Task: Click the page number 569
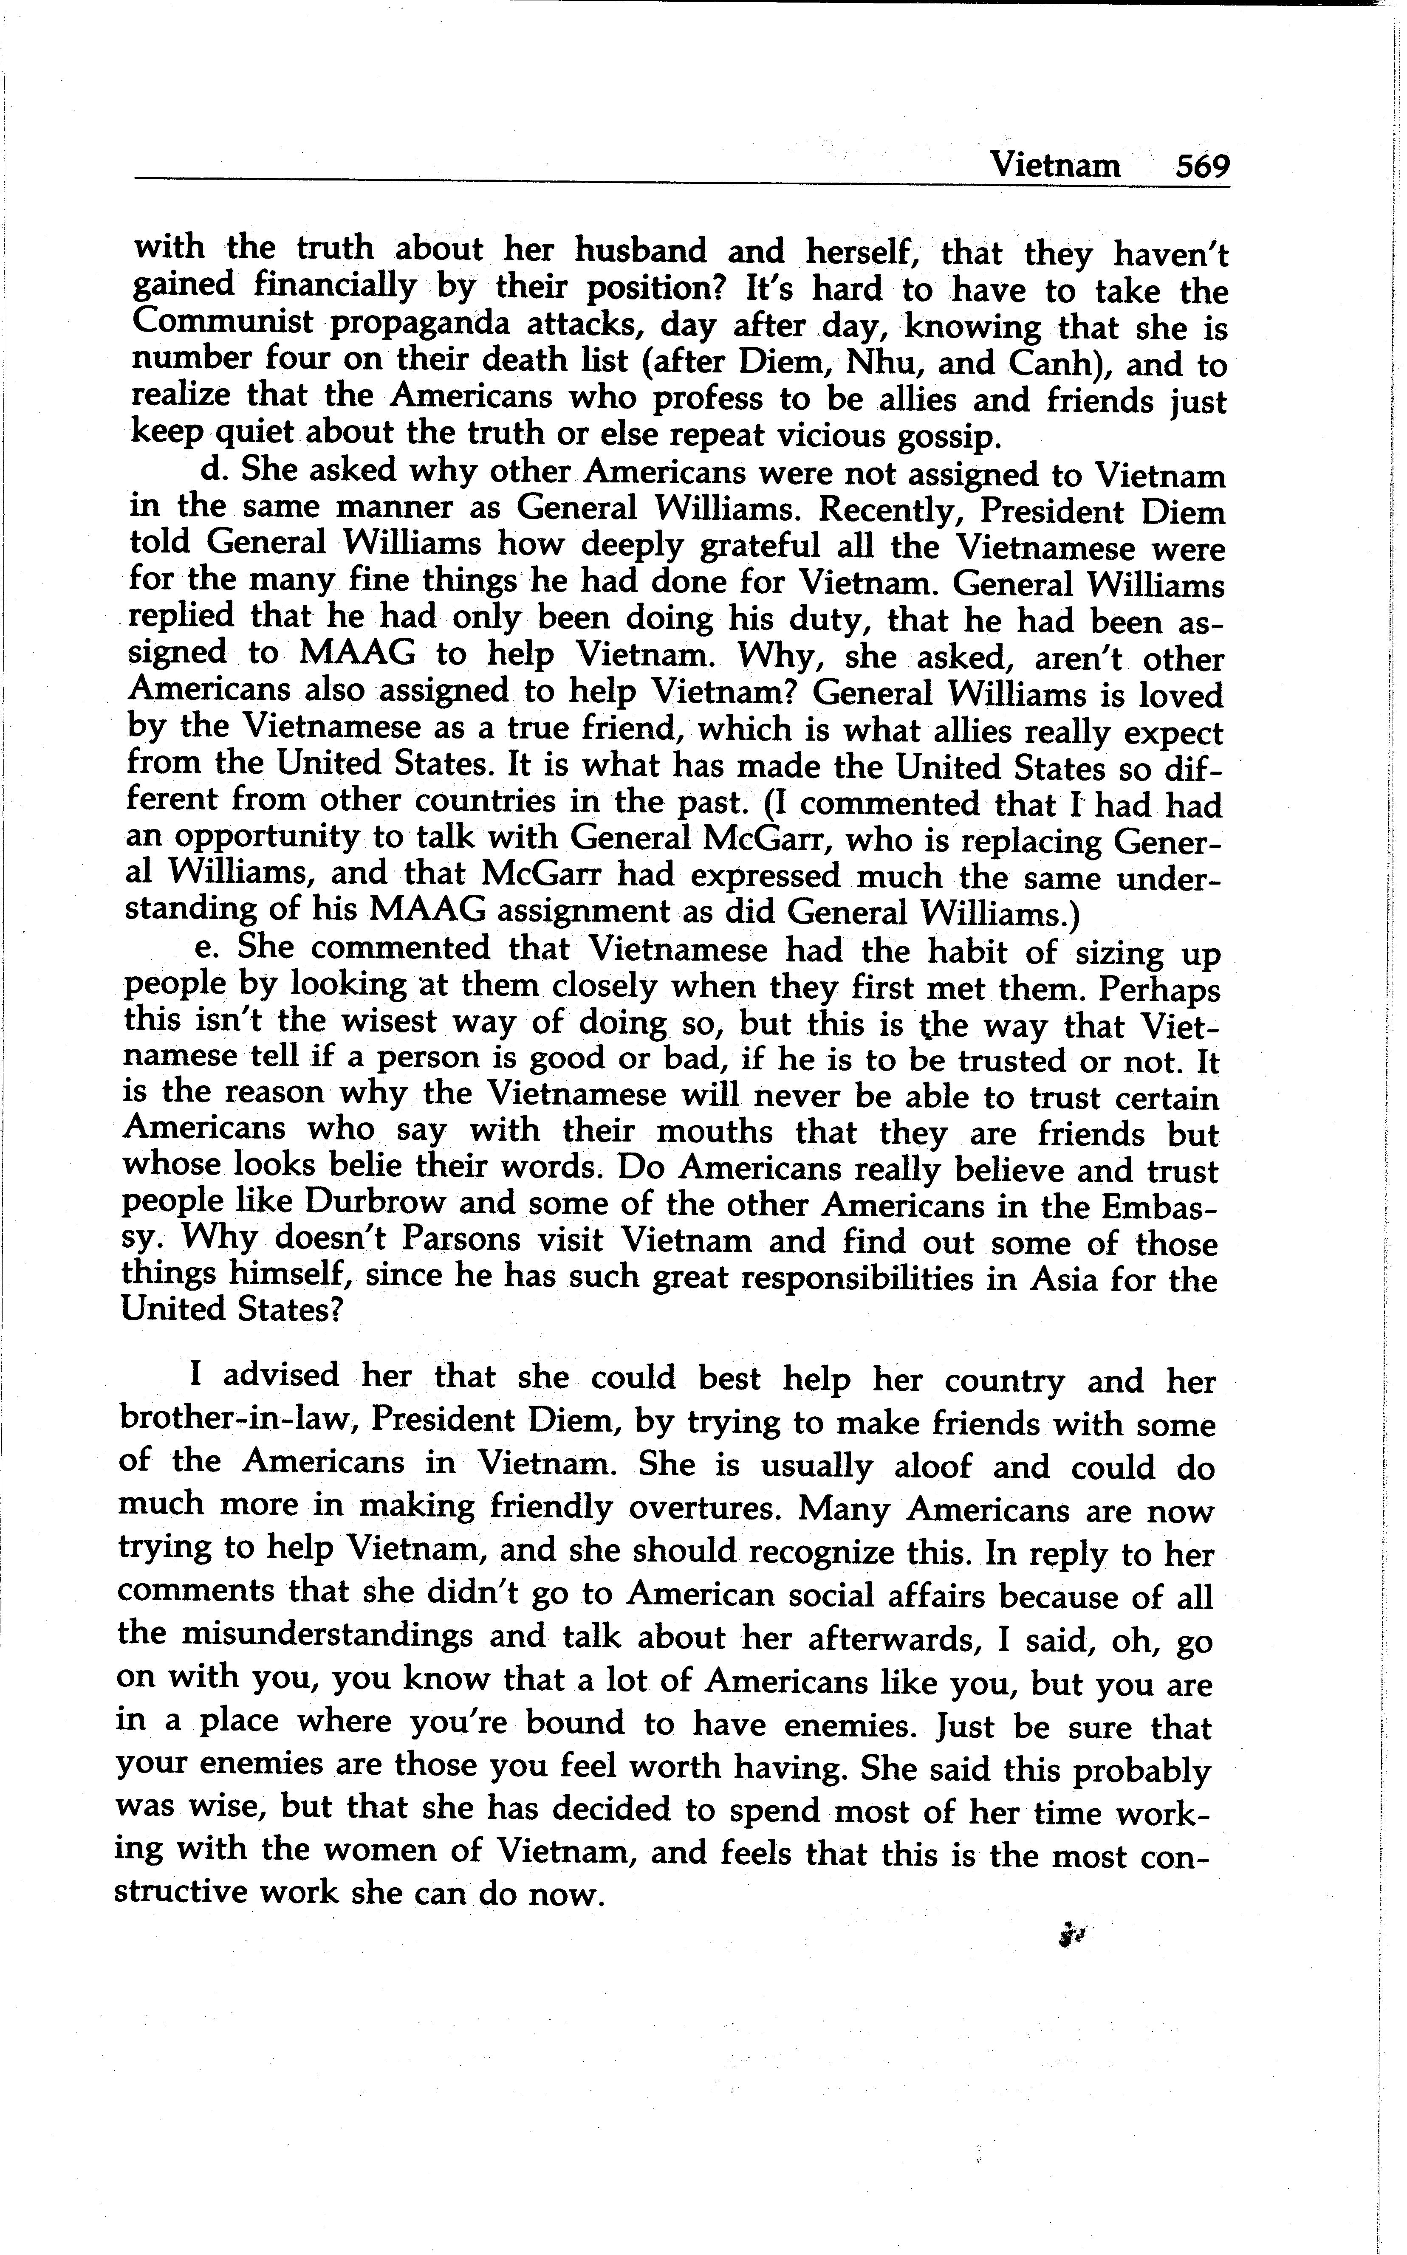tap(1202, 166)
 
